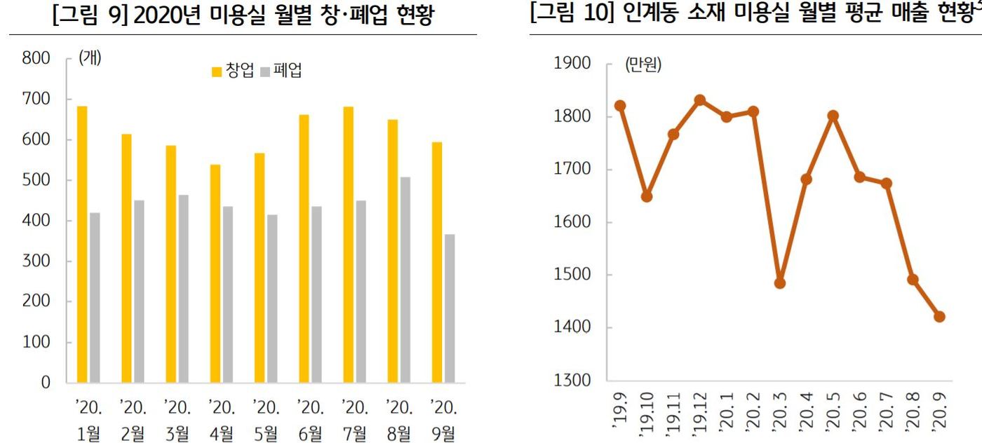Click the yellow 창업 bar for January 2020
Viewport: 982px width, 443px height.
[82, 244]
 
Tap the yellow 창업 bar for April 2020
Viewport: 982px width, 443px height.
[215, 273]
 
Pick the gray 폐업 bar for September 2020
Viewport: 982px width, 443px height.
[449, 308]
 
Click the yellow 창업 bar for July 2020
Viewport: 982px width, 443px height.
[348, 244]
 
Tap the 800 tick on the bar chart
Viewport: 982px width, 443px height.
[36, 59]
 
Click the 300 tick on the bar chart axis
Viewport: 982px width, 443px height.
[36, 261]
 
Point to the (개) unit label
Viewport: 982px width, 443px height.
[89, 59]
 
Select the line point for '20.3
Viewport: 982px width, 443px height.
[779, 282]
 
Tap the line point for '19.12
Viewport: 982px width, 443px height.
[699, 100]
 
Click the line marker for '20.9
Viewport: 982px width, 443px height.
[939, 316]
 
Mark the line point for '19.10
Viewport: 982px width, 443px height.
[646, 196]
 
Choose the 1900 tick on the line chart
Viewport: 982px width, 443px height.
[571, 64]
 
